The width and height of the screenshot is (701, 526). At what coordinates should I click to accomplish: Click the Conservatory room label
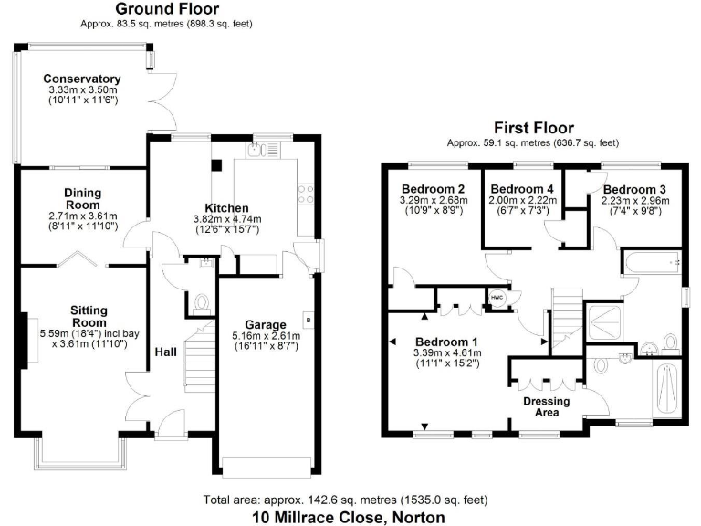[81, 79]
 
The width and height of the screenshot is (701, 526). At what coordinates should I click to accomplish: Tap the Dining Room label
[82, 199]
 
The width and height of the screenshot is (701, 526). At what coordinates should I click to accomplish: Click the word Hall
[165, 352]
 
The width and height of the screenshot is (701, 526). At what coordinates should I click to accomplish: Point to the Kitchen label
[226, 208]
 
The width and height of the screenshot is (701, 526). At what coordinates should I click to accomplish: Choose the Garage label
[266, 324]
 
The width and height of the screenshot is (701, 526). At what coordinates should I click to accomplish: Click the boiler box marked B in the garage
[309, 320]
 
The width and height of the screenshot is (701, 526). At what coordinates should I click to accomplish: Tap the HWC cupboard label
[497, 299]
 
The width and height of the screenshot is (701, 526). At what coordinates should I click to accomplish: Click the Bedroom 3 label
[633, 189]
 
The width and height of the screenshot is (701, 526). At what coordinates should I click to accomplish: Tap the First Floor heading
[532, 129]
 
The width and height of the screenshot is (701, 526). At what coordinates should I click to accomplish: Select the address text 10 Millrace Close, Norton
[349, 517]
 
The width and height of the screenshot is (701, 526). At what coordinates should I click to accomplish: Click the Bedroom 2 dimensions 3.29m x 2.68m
[434, 200]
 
